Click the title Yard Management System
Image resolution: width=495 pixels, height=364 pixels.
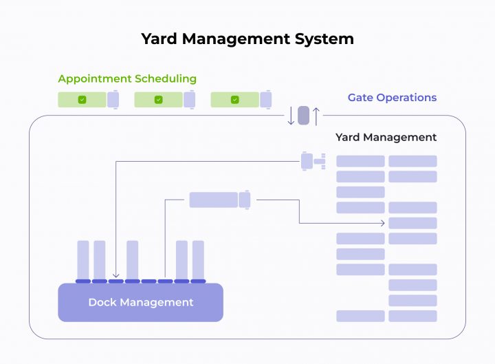pos(247,39)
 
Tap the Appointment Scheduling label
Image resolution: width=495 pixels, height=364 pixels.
pos(127,79)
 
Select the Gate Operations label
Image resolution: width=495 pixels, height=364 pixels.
pos(392,98)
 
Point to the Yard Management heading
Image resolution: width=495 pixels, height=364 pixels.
pos(386,137)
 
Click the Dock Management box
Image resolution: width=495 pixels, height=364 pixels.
pos(140,303)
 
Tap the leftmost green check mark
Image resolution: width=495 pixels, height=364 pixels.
pos(82,100)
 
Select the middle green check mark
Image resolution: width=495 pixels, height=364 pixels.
pos(158,100)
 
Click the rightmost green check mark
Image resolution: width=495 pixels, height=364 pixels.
pos(234,100)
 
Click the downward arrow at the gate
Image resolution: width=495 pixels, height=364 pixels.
pos(291,116)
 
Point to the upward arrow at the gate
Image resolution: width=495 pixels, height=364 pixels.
pos(316,116)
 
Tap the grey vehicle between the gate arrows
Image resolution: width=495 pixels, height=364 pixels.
pos(303,115)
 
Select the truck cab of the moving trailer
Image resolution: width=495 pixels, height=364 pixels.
pos(245,200)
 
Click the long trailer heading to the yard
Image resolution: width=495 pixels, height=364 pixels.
pos(213,200)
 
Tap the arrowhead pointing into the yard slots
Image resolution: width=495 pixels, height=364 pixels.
pos(382,223)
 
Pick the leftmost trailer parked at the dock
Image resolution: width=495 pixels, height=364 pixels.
pos(83,259)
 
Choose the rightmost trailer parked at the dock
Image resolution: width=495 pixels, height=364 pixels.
pos(198,259)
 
